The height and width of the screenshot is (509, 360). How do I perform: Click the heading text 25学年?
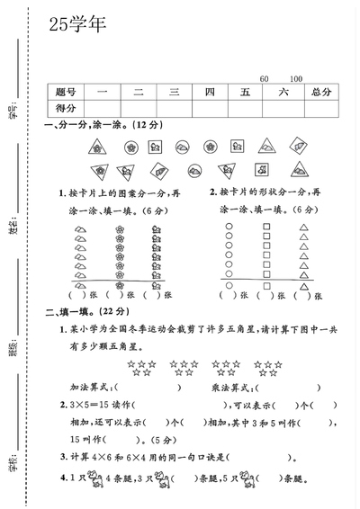(76, 25)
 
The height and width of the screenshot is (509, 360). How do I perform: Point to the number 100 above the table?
(296, 79)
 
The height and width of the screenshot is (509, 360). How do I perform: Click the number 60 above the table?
(264, 79)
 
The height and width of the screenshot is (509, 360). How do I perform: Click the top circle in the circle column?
(229, 227)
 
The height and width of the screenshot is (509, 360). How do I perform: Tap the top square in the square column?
(266, 227)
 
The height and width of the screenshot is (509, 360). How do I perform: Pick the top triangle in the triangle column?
(304, 227)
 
